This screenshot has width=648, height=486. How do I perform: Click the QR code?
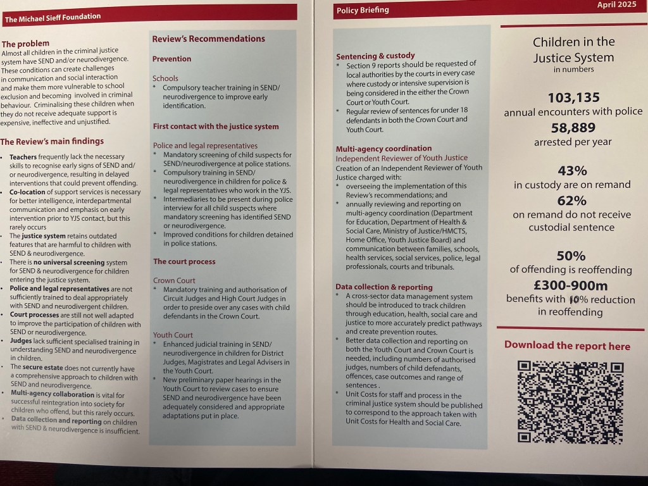point(570,402)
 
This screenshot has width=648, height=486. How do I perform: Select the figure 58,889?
point(573,128)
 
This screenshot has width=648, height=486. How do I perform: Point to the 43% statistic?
point(572,170)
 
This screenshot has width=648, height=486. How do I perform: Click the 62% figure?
point(572,200)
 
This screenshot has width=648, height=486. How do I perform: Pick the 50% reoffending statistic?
point(571,255)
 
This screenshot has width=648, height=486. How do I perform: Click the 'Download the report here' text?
point(567,346)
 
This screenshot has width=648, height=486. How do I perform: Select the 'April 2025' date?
point(618,4)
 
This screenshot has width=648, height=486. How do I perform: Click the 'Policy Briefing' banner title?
point(363,10)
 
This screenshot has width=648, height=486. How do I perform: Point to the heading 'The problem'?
point(25,44)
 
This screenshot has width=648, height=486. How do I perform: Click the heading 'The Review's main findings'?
point(52,141)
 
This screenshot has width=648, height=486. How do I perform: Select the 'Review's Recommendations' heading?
point(208,39)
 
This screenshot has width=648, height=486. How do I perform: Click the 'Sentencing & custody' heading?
point(375,56)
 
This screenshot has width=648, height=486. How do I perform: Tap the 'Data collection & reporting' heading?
point(384,287)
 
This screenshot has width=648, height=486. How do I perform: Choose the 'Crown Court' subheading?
point(174,280)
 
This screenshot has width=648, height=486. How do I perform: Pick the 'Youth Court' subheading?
point(173,335)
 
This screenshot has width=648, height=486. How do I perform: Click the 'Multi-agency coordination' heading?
point(383,148)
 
